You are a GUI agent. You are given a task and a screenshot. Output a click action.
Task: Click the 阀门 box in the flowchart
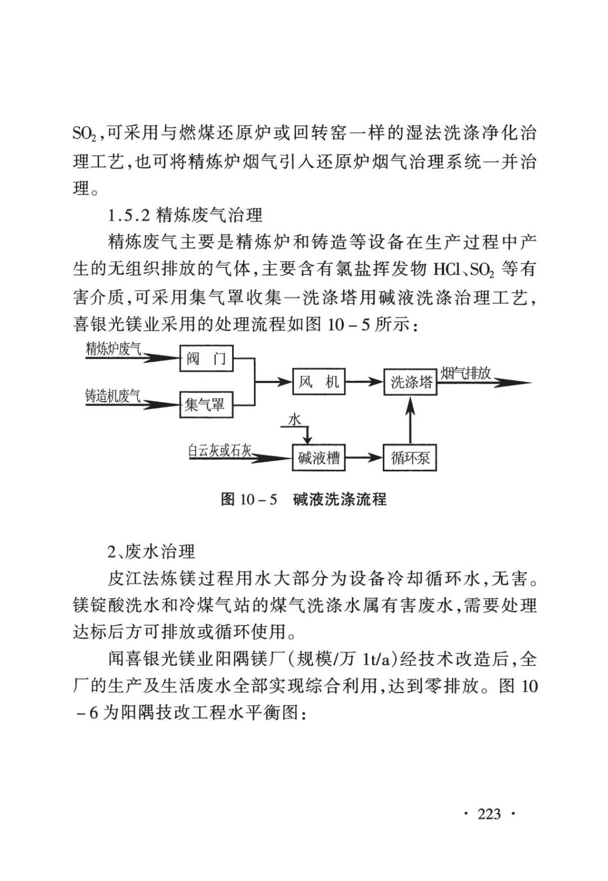click(x=206, y=358)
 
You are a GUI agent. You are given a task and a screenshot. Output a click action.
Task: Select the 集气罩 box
click(x=205, y=404)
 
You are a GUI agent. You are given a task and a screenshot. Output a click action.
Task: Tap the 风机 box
click(x=319, y=382)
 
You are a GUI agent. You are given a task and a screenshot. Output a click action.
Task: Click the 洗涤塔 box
click(x=410, y=382)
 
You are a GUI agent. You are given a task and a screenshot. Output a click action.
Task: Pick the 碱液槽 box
click(x=319, y=457)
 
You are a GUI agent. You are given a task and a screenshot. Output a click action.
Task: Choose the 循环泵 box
click(x=410, y=457)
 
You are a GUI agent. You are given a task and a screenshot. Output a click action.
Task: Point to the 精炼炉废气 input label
click(x=113, y=349)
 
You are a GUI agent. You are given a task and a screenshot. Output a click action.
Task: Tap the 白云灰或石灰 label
click(x=220, y=450)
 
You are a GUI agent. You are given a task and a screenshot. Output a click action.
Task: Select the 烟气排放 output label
click(x=466, y=373)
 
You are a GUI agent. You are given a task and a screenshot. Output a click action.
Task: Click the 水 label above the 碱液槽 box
click(x=294, y=420)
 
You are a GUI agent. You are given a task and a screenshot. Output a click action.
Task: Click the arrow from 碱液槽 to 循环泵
click(x=364, y=457)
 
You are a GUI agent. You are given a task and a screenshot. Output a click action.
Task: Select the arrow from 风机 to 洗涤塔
click(x=364, y=382)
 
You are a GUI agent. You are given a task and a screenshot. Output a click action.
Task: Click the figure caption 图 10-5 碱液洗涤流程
click(x=303, y=500)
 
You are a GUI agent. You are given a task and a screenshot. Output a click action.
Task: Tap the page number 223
click(x=489, y=814)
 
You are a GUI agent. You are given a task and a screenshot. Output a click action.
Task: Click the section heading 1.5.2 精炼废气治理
click(x=185, y=215)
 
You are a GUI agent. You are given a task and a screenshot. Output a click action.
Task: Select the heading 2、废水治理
click(x=151, y=551)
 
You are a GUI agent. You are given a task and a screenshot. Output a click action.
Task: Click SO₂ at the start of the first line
click(x=86, y=134)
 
